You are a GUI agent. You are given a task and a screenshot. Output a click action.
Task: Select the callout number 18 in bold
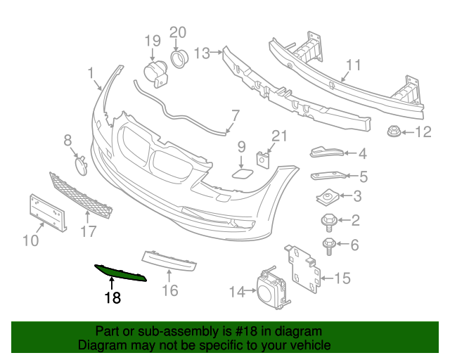[x=112, y=298]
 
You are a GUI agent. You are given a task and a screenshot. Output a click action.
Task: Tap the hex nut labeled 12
[x=393, y=131]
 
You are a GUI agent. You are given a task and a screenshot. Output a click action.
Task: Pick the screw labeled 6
[x=329, y=246]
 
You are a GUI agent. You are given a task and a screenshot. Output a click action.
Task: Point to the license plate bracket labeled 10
[x=48, y=212]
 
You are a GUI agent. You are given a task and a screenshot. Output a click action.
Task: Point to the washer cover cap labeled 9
[x=240, y=173]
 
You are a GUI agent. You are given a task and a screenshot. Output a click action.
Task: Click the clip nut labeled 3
[x=328, y=196]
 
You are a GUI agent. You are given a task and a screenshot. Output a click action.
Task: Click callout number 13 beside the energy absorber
[x=202, y=52]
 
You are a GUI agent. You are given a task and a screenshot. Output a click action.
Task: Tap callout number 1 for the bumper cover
[x=91, y=72]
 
